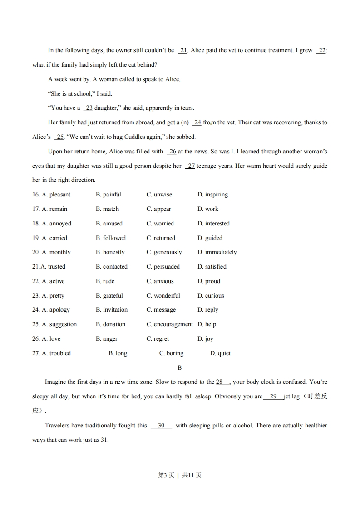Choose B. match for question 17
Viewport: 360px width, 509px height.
pos(107,209)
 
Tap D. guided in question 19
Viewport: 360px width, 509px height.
pos(210,238)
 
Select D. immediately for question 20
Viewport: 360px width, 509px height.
pos(217,252)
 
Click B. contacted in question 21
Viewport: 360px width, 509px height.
pos(112,267)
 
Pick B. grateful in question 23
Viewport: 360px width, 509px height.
pos(109,296)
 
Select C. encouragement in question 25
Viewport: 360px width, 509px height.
pos(169,324)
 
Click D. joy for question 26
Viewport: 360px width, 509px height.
pos(205,339)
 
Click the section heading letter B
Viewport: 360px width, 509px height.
pos(180,368)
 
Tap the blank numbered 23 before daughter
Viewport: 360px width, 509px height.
pos(89,108)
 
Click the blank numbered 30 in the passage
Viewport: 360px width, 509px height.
pos(161,426)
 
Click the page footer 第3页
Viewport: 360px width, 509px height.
pos(166,475)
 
